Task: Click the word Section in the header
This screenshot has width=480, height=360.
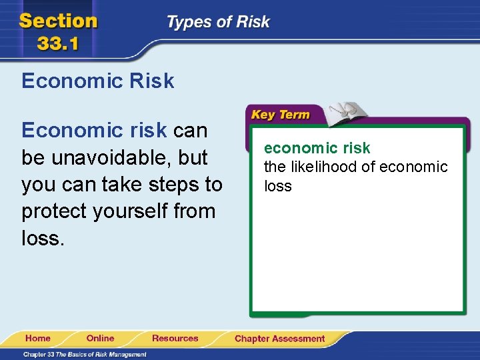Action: coord(59,21)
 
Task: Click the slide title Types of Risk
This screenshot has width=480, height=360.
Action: coord(218,22)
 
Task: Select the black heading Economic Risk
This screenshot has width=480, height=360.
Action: coord(98,81)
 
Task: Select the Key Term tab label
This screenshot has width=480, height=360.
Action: coord(280,115)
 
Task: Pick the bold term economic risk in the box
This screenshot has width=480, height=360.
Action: coord(317,148)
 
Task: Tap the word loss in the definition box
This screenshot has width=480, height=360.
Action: coord(278,186)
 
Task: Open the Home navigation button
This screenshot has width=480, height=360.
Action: coord(38,339)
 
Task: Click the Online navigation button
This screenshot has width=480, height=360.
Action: coord(100,339)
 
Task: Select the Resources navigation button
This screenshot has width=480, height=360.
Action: coord(175,339)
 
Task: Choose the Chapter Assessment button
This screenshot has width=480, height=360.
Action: coord(279,339)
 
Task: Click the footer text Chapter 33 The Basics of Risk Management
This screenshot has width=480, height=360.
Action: coord(85,354)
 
